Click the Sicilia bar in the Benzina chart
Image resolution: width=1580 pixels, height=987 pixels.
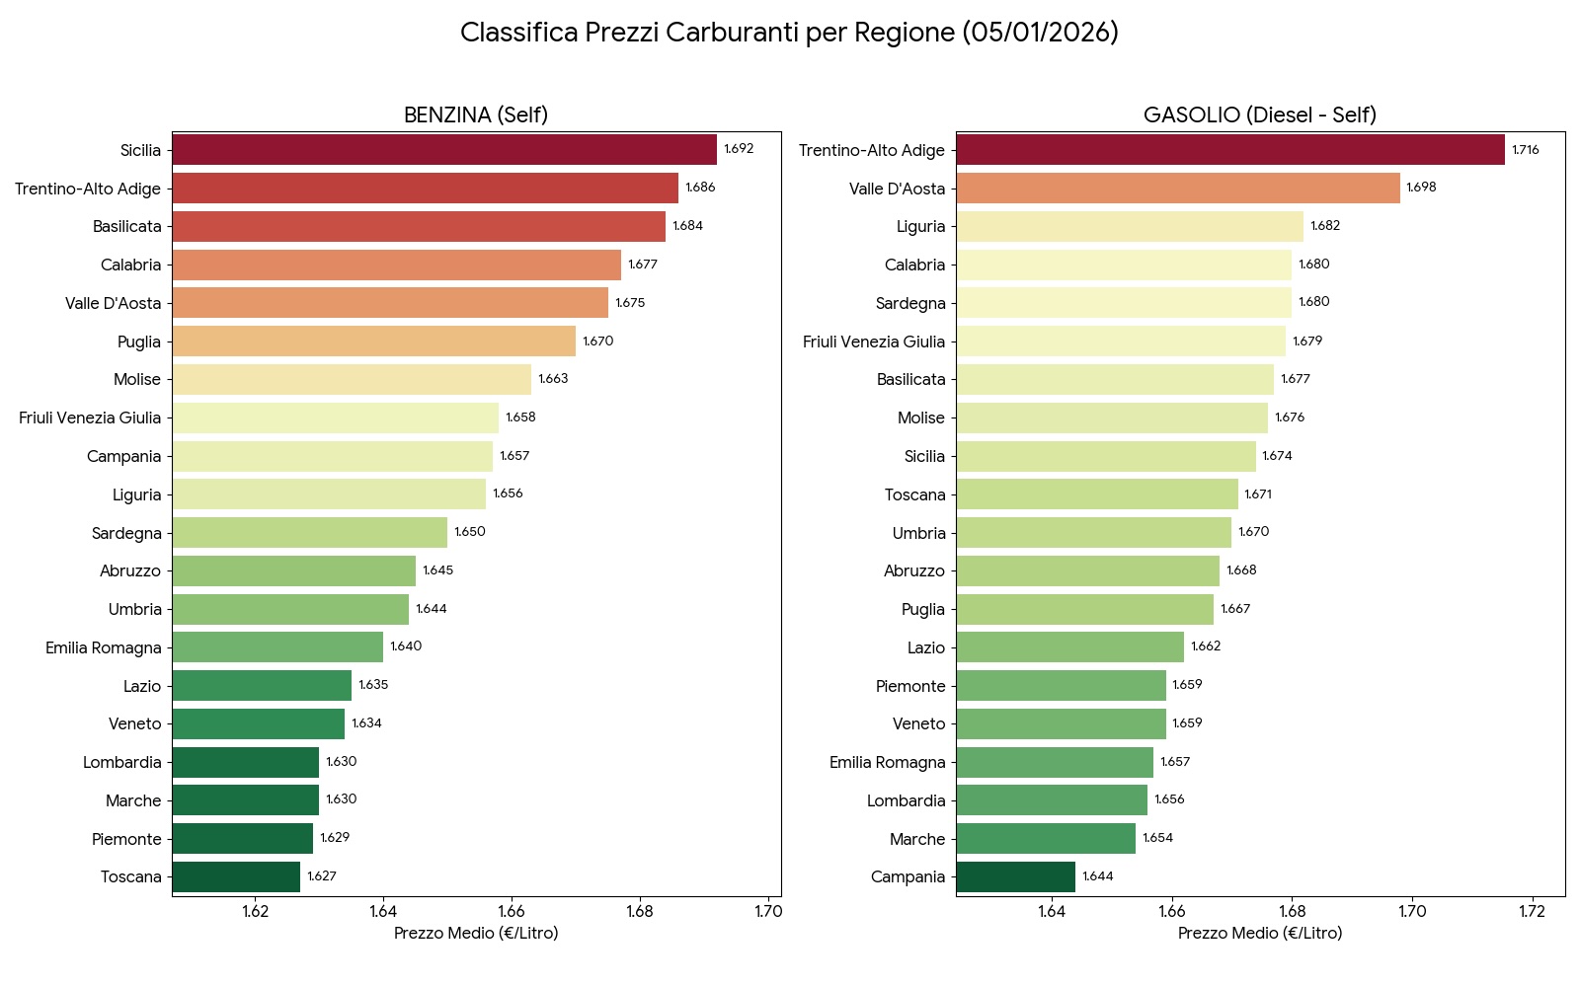click(x=444, y=150)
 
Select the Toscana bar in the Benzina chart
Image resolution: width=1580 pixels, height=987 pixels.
click(x=236, y=876)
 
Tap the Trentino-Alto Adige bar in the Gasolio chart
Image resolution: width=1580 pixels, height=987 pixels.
click(x=1230, y=150)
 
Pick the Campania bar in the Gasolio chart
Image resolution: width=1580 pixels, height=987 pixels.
click(x=1015, y=876)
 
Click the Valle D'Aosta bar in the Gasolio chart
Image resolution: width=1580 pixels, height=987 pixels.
click(x=1178, y=189)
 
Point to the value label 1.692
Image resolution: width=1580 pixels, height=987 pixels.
click(x=739, y=149)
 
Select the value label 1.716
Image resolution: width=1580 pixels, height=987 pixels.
click(x=1526, y=150)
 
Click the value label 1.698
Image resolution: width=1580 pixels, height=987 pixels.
click(x=1421, y=188)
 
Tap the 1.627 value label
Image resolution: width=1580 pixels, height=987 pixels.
click(x=322, y=876)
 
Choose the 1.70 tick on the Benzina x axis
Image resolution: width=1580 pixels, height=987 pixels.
click(x=768, y=911)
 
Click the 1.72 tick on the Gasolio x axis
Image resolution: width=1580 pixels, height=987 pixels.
click(x=1532, y=911)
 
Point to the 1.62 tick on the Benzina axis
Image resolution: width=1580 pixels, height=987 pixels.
click(x=256, y=911)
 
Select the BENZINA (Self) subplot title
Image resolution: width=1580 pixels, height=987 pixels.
click(x=476, y=115)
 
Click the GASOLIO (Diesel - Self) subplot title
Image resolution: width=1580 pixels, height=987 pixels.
click(x=1260, y=115)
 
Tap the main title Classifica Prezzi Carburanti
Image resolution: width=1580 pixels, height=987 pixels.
click(x=789, y=33)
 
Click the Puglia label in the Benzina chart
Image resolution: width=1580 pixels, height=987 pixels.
click(x=138, y=342)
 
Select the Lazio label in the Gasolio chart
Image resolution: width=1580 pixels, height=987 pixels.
click(x=926, y=647)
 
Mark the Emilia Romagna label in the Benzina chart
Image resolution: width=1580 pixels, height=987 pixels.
click(x=103, y=647)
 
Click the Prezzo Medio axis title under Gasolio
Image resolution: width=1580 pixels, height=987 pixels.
click(x=1260, y=934)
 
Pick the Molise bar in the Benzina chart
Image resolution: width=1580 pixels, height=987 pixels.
click(x=352, y=380)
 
